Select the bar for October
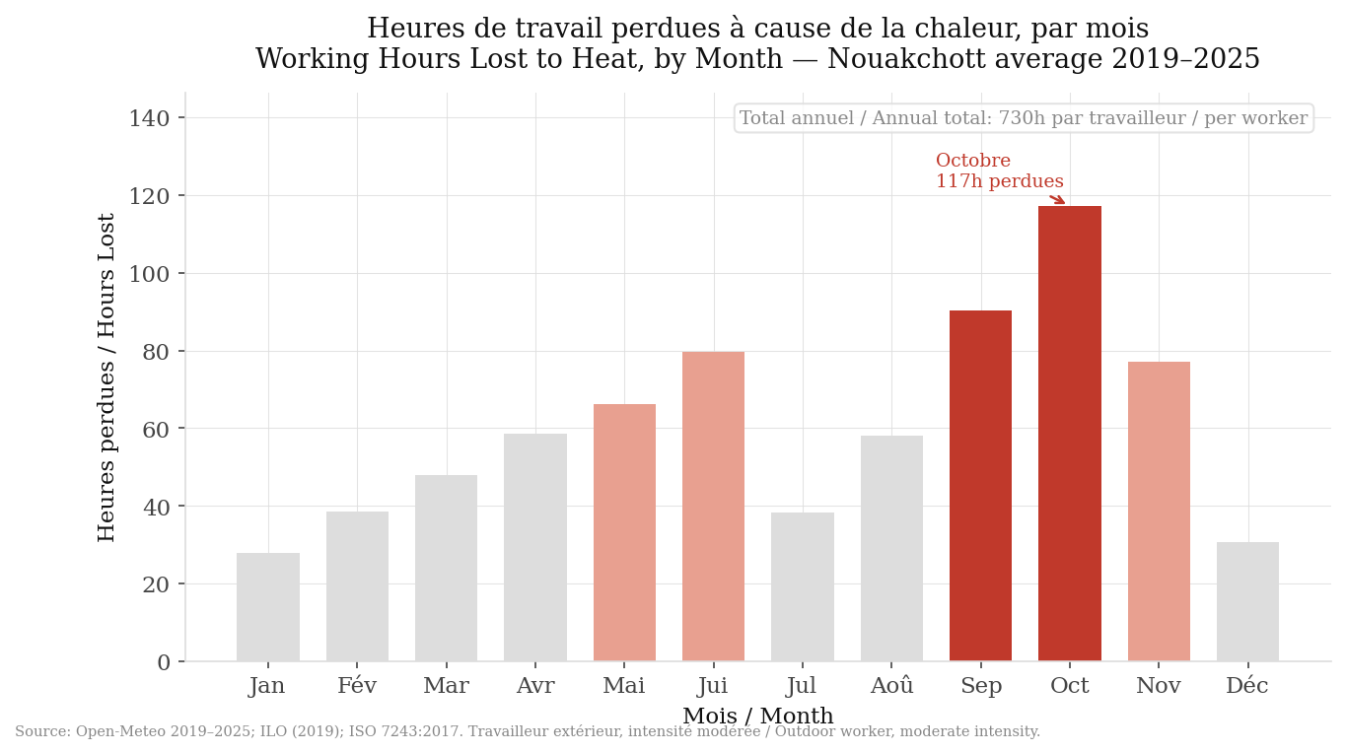(x=1069, y=434)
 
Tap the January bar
(x=267, y=607)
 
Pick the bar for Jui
(x=713, y=507)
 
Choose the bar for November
(x=1159, y=512)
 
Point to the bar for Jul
(x=802, y=586)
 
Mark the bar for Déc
(x=1247, y=602)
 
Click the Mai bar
(x=624, y=532)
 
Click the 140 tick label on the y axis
(x=149, y=119)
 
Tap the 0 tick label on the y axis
(x=164, y=662)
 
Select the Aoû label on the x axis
(x=891, y=686)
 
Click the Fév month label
(x=357, y=686)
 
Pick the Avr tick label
(x=535, y=686)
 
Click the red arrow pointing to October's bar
(x=1057, y=199)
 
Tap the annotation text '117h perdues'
(x=999, y=182)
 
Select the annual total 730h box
(x=1024, y=118)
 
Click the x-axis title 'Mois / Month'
(x=757, y=717)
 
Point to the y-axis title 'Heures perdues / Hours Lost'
(x=106, y=376)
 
